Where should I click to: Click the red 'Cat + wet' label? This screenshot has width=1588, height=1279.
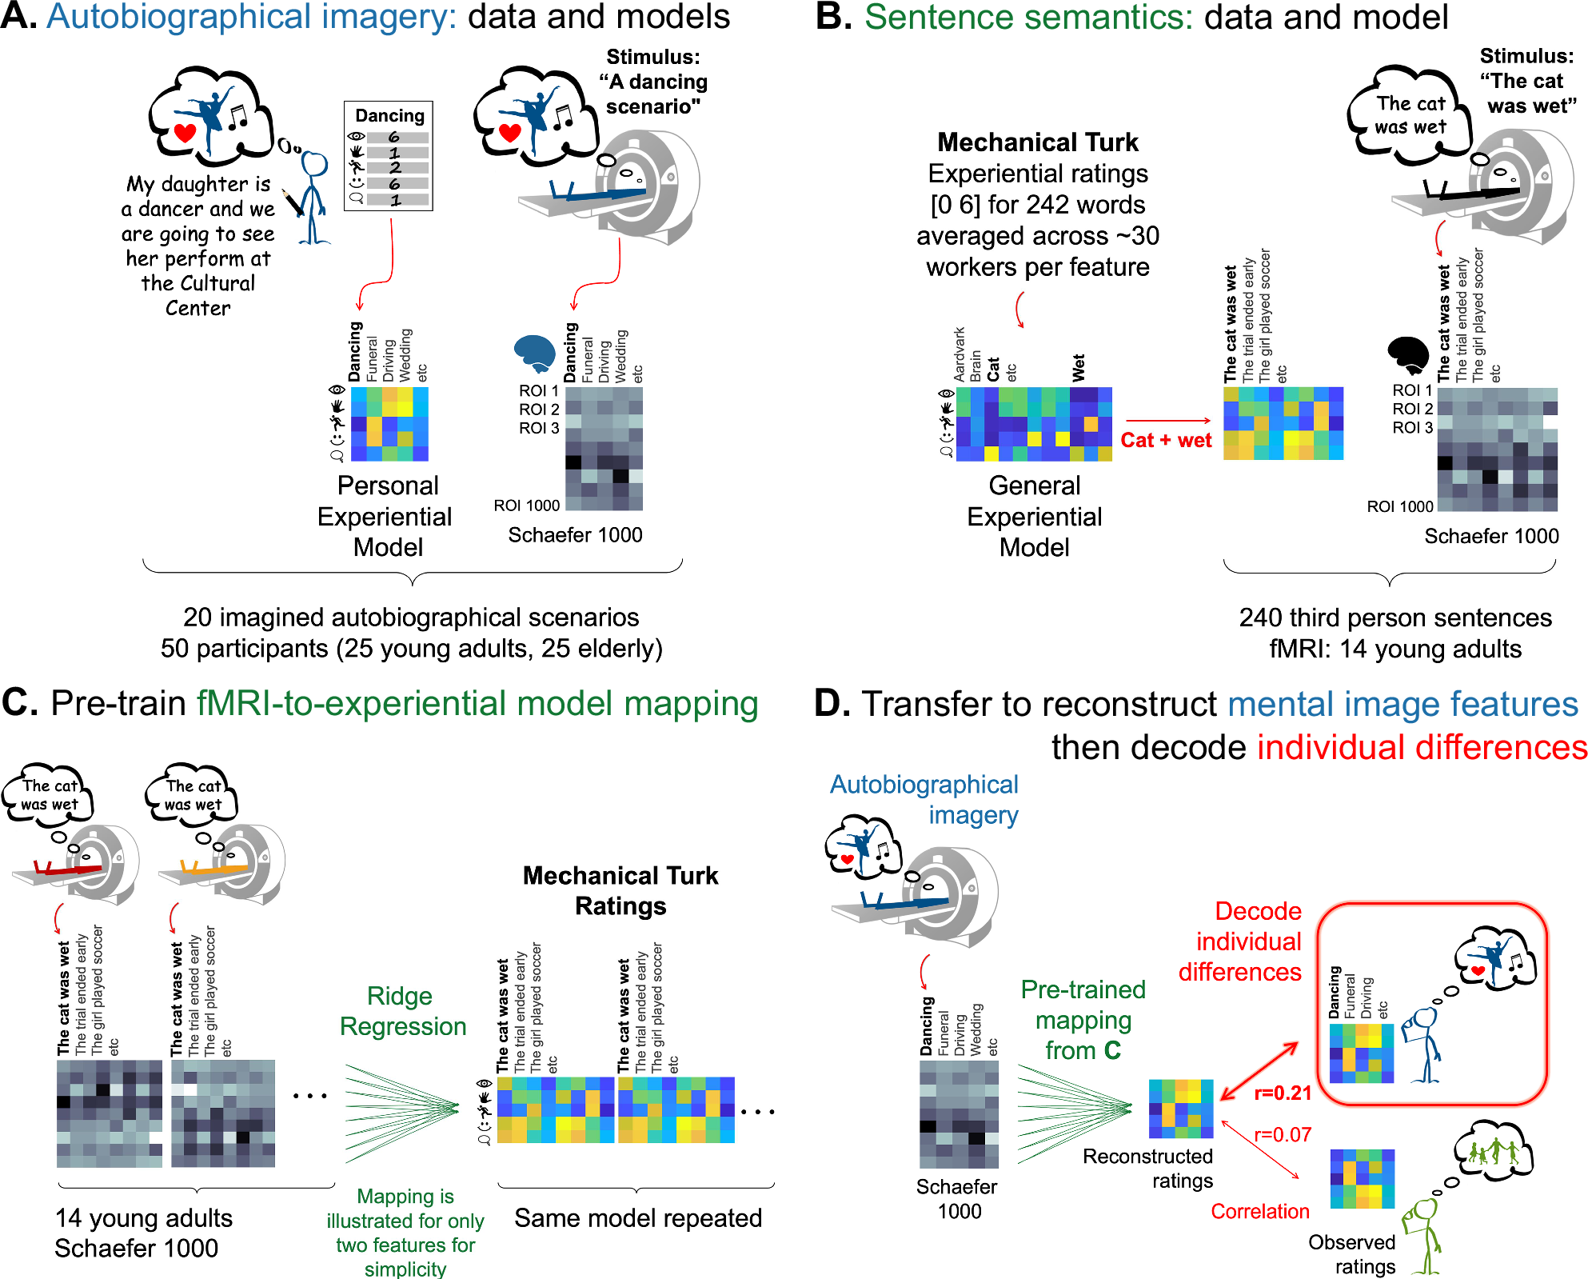(1166, 440)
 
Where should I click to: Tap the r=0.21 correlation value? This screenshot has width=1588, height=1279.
(1283, 1093)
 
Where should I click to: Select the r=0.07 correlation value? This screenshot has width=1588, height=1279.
(1283, 1134)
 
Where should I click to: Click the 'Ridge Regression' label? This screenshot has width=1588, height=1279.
(402, 1011)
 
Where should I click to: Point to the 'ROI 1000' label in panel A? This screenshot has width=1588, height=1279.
(526, 506)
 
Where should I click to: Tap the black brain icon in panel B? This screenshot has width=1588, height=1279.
(1408, 354)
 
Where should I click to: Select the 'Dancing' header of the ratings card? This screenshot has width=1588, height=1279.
(389, 115)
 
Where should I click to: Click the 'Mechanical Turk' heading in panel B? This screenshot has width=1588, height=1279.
(1037, 142)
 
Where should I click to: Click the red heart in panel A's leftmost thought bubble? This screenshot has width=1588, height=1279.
(185, 133)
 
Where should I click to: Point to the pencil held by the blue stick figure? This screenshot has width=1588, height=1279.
(293, 202)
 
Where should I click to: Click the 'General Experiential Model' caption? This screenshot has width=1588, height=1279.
(1034, 516)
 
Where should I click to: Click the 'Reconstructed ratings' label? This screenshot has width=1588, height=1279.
(1148, 1169)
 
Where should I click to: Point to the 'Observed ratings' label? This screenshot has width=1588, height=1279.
(1352, 1254)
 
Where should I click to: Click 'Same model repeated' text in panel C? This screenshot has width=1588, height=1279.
(637, 1218)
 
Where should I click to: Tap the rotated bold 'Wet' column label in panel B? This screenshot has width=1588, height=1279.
(1079, 367)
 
